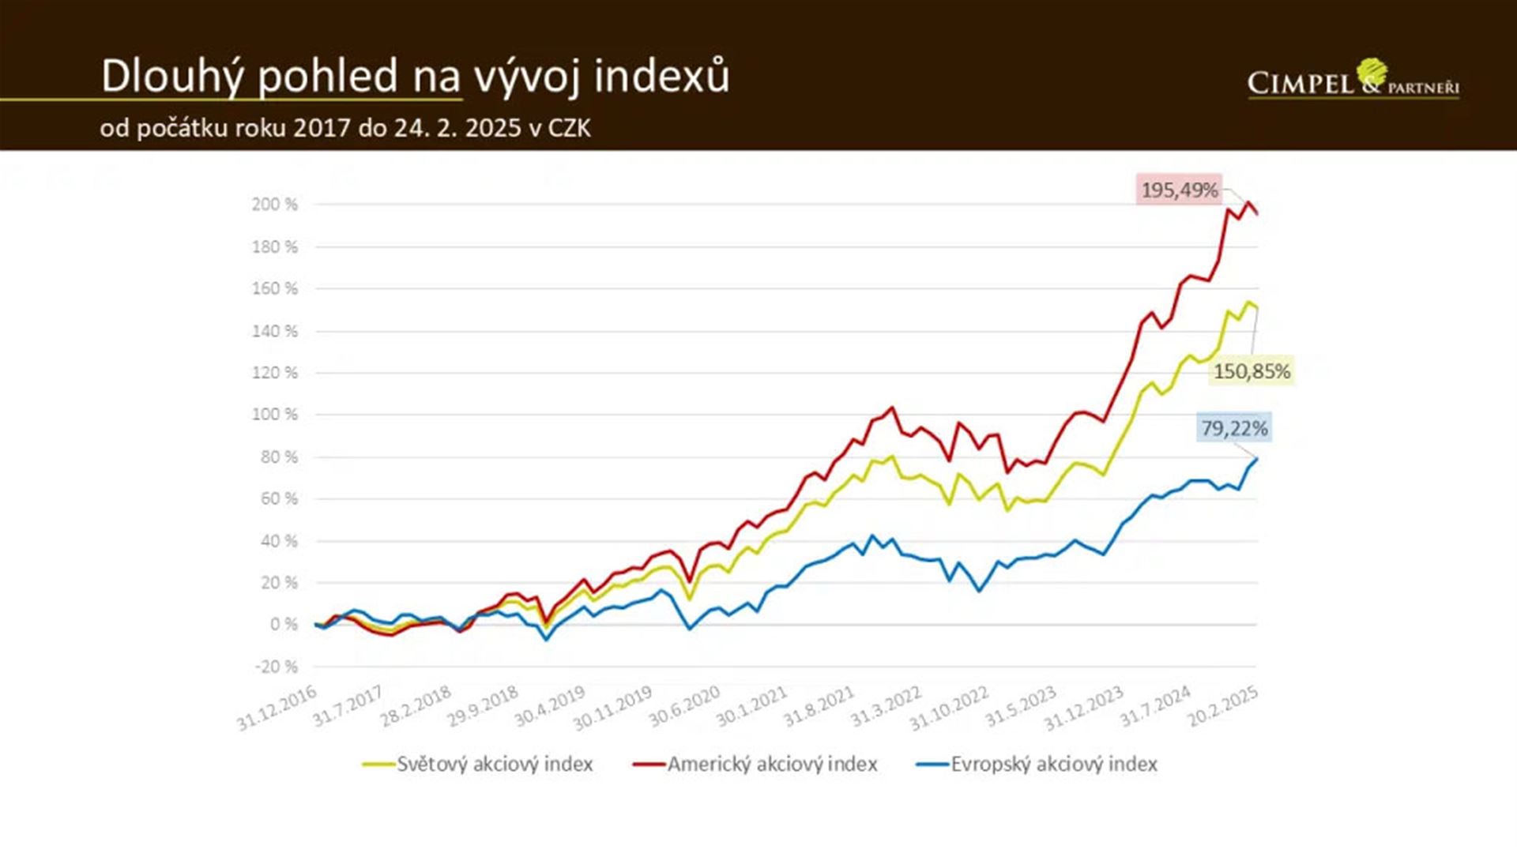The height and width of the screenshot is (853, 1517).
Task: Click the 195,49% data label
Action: (x=1179, y=190)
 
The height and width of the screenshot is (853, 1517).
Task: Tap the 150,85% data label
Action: (x=1252, y=371)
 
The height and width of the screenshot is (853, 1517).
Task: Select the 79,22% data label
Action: (x=1234, y=429)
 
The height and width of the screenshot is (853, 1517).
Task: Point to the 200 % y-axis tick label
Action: (x=274, y=205)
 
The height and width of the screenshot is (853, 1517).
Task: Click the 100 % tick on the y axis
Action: (x=274, y=415)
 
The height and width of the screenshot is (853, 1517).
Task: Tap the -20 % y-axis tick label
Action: (x=276, y=667)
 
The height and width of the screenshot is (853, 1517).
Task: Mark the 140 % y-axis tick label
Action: (x=274, y=331)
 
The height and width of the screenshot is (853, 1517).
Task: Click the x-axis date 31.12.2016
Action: (x=277, y=708)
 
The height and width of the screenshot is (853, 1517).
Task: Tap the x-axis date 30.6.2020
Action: (x=684, y=706)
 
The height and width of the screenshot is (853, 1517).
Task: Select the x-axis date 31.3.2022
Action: (x=886, y=706)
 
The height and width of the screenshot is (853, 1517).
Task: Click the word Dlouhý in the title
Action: (x=170, y=77)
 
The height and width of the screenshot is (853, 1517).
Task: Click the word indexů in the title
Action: (x=662, y=77)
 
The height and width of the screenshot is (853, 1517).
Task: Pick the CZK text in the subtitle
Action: (x=568, y=128)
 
